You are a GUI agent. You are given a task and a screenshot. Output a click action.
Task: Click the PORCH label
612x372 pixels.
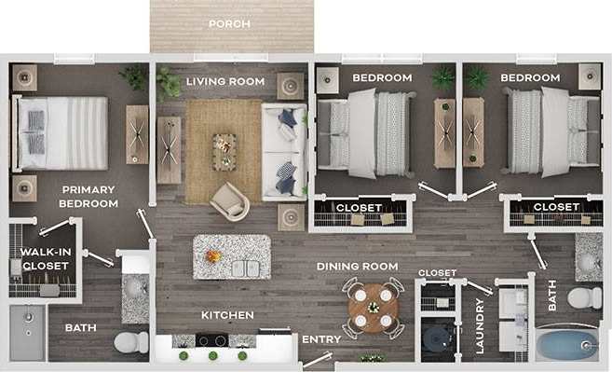[228, 24]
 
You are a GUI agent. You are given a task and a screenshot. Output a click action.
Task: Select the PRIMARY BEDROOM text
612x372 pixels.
[88, 196]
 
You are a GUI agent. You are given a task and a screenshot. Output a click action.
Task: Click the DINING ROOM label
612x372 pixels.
[357, 267]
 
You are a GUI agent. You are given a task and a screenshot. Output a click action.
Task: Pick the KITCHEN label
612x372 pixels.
[227, 315]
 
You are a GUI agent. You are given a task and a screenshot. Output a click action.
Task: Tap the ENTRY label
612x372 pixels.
[321, 339]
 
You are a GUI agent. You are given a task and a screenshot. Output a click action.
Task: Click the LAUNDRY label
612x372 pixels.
[481, 324]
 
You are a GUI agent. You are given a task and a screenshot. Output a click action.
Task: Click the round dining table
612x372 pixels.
[373, 305]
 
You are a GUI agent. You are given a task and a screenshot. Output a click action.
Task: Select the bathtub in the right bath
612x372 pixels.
[567, 345]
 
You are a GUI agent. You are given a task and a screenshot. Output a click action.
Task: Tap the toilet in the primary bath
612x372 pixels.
[131, 341]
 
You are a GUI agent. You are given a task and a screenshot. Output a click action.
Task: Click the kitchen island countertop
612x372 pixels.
[232, 256]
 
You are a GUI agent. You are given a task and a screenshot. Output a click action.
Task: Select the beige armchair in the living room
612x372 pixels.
[229, 201]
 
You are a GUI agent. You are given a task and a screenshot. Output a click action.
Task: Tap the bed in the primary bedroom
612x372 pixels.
[61, 133]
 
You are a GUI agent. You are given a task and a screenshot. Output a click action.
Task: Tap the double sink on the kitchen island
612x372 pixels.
[244, 269]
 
